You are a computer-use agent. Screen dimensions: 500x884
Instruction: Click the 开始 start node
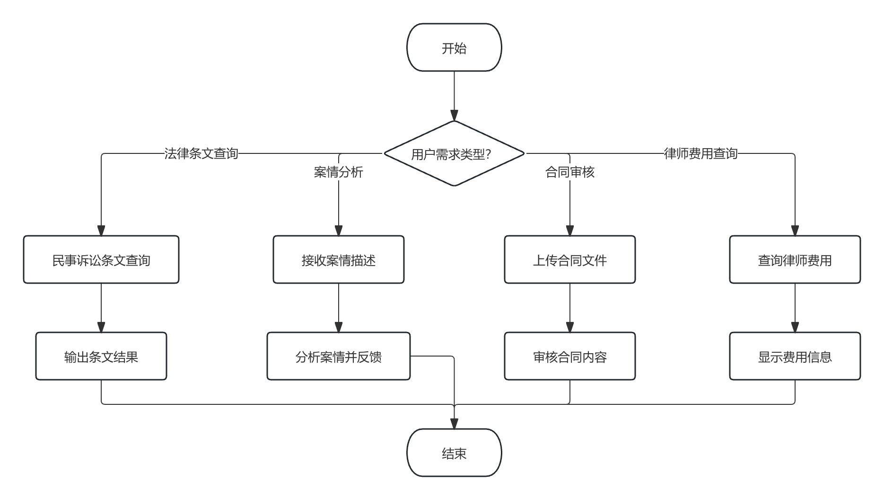(x=454, y=48)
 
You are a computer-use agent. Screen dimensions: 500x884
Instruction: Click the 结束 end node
(x=454, y=453)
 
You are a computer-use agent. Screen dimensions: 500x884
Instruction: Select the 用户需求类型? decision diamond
(x=454, y=154)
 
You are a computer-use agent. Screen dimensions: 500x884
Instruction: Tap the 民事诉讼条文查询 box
(x=101, y=260)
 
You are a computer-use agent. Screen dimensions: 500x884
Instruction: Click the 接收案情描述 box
(x=339, y=260)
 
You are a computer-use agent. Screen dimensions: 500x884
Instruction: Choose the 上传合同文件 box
(x=569, y=260)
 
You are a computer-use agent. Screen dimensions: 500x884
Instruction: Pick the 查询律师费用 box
(x=795, y=260)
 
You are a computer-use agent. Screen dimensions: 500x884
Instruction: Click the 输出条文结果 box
(x=101, y=357)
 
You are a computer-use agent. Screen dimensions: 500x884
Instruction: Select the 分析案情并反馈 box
(x=339, y=357)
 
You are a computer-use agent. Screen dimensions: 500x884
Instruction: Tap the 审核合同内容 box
(x=569, y=357)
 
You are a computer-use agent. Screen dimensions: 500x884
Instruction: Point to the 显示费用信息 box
(x=795, y=357)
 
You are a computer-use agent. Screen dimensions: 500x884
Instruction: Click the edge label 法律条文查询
(x=201, y=153)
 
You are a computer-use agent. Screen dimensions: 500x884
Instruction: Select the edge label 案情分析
(x=339, y=172)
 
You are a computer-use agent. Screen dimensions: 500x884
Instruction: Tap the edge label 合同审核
(x=569, y=172)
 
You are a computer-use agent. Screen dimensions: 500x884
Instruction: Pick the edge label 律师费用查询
(x=700, y=153)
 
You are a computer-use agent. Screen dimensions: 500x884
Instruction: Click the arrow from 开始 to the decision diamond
(x=454, y=95)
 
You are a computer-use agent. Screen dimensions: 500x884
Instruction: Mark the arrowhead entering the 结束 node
(x=454, y=424)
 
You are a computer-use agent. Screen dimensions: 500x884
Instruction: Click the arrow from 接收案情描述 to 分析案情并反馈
(x=339, y=308)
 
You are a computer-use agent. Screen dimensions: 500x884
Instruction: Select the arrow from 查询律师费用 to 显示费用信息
(x=795, y=308)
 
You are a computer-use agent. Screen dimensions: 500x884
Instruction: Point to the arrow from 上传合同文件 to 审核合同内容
(x=569, y=308)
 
